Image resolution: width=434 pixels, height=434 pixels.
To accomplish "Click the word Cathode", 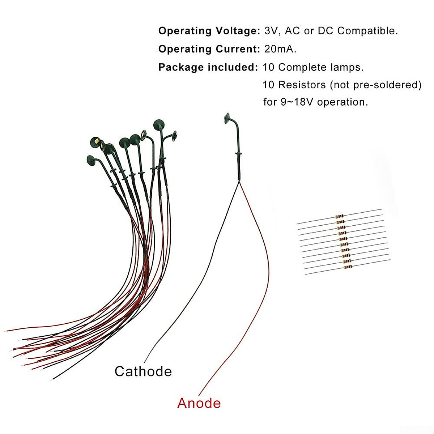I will click(x=143, y=371).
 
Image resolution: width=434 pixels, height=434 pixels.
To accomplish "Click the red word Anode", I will click(x=199, y=403).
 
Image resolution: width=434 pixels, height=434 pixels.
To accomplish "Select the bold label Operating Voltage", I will click(x=209, y=31).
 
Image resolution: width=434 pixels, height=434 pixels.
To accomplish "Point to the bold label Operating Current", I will click(x=209, y=49).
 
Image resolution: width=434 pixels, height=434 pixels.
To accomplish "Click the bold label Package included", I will click(x=208, y=67).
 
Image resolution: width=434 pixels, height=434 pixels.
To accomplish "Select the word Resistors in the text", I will click(x=302, y=85).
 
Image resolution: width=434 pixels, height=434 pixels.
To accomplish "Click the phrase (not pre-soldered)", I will click(x=376, y=85).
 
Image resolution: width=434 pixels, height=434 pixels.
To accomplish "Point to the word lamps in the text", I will click(x=347, y=67).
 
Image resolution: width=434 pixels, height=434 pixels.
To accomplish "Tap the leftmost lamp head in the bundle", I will click(x=91, y=159).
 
